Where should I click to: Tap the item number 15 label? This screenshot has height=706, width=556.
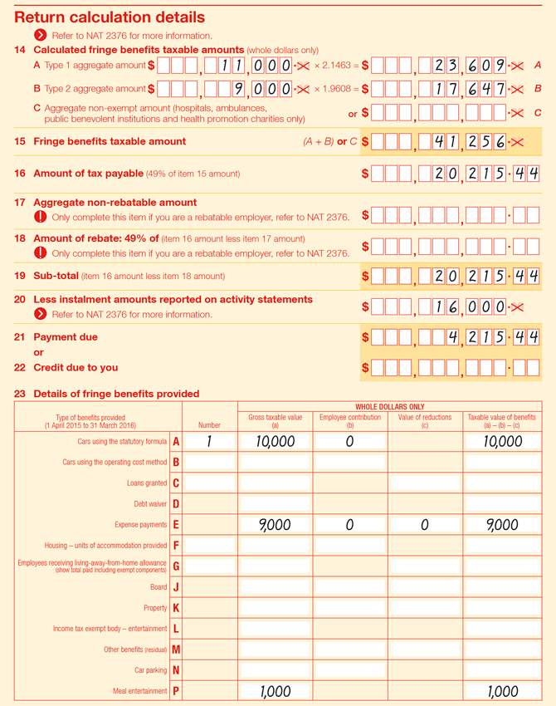coord(20,141)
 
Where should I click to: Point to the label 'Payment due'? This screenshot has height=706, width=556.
coord(66,337)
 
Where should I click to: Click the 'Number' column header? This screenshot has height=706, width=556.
coord(210,424)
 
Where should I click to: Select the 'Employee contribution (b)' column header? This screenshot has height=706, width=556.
coord(350,420)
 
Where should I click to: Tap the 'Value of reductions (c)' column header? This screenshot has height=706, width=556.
coord(425,420)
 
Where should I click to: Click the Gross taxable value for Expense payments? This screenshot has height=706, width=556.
coord(275,525)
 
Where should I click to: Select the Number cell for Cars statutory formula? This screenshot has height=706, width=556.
coord(210,442)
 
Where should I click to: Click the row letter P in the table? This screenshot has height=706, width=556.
coord(176,691)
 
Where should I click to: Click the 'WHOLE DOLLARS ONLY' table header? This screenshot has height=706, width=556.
coord(390,406)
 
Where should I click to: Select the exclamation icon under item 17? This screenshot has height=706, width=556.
coord(40,217)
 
